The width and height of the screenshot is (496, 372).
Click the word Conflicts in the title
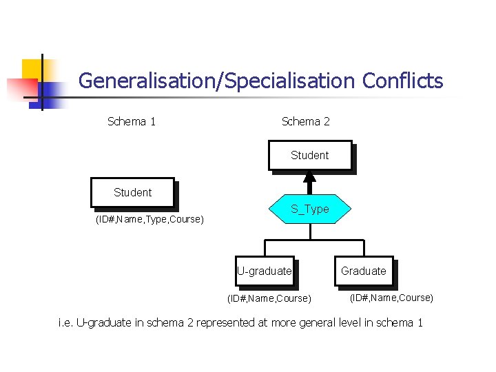tap(402, 81)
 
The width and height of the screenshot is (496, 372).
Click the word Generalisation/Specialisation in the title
tap(217, 81)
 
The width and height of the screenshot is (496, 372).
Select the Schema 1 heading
tap(132, 122)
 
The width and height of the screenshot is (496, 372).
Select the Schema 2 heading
tap(305, 122)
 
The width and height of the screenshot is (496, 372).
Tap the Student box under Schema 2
tap(309, 156)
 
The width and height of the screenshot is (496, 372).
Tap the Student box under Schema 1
tap(132, 192)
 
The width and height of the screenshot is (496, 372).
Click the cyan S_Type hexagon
tap(309, 209)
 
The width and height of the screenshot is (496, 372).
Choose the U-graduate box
tap(265, 271)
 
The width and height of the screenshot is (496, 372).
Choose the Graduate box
tap(363, 271)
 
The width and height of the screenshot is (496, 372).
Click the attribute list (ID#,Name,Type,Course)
tap(149, 220)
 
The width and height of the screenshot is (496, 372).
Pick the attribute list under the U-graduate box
tap(269, 299)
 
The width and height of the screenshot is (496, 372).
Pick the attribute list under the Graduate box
tap(391, 298)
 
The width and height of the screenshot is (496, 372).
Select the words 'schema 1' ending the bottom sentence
tap(401, 323)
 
